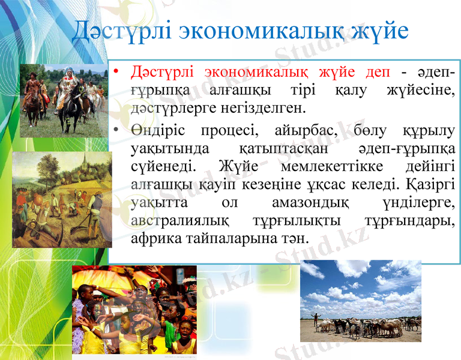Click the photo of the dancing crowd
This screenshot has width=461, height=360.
[133, 309]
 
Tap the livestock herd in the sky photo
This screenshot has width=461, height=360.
[366, 326]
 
